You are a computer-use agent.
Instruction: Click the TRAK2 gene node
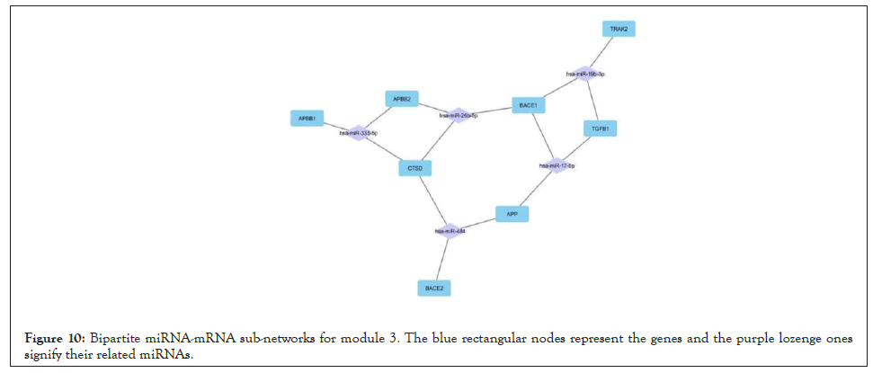pyautogui.click(x=618, y=30)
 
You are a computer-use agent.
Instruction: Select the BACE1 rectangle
pyautogui.click(x=528, y=106)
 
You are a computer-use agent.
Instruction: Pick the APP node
pyautogui.click(x=512, y=214)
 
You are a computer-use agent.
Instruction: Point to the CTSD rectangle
pyautogui.click(x=415, y=168)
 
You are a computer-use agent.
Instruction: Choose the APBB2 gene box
pyautogui.click(x=400, y=99)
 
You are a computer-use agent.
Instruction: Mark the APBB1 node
pyautogui.click(x=307, y=119)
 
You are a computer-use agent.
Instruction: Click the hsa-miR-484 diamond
pyautogui.click(x=450, y=231)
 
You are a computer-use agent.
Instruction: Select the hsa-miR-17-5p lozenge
pyautogui.click(x=557, y=165)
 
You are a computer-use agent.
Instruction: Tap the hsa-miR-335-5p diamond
pyautogui.click(x=358, y=133)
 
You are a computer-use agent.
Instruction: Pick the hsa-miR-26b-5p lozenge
pyautogui.click(x=459, y=115)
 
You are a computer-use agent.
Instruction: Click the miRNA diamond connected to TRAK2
pyautogui.click(x=584, y=75)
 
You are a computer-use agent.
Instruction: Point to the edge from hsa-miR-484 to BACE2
pyautogui.click(x=441, y=260)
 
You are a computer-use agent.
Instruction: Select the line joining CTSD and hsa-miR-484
pyautogui.click(x=432, y=200)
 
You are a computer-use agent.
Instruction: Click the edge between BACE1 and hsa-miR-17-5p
pyautogui.click(x=542, y=136)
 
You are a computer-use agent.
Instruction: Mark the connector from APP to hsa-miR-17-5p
pyautogui.click(x=534, y=190)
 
